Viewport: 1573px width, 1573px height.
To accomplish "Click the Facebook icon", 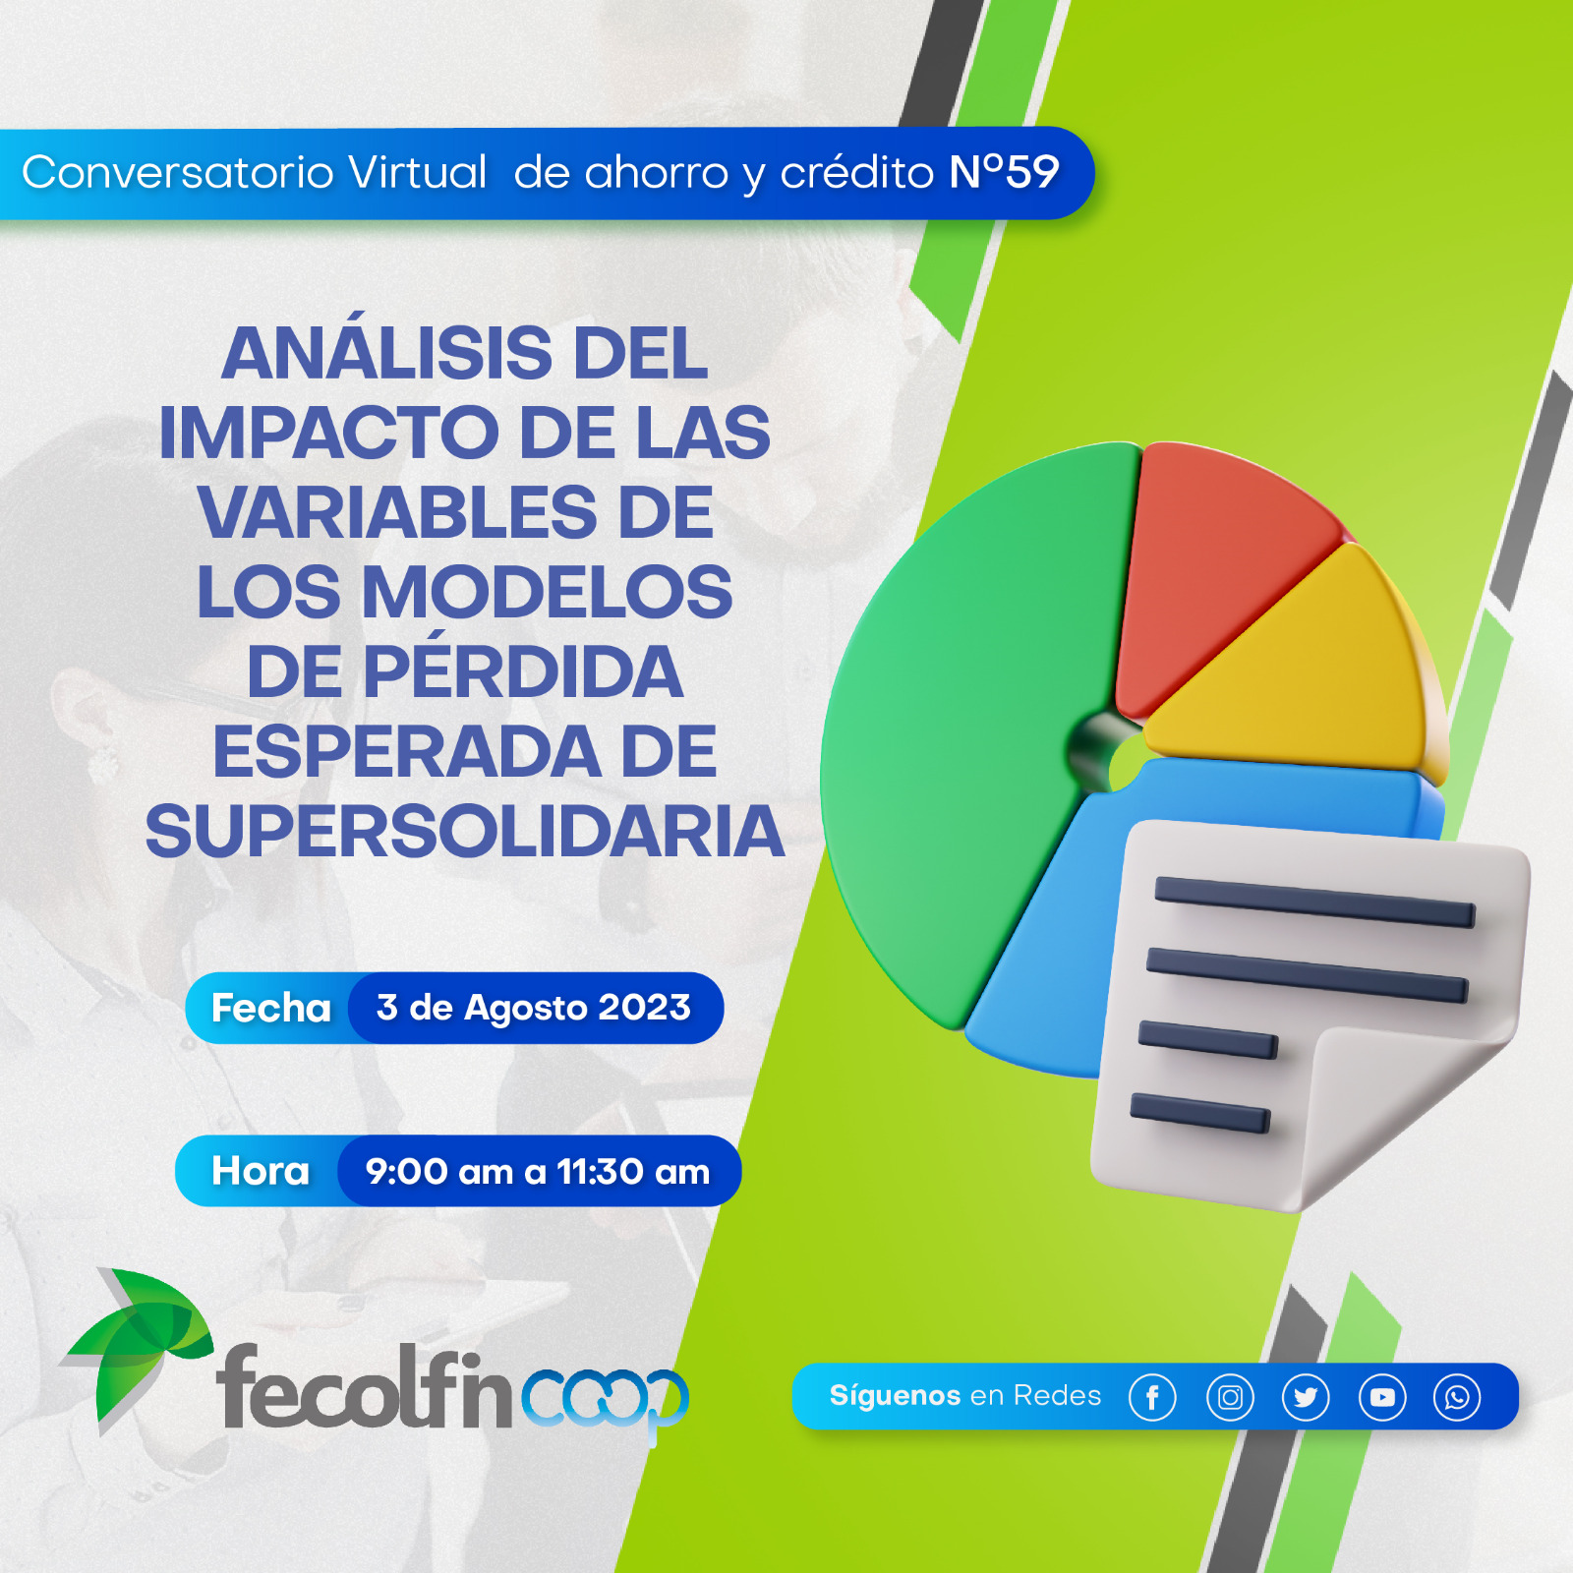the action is point(1152,1397).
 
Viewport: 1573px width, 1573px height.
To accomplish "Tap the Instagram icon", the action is point(1230,1397).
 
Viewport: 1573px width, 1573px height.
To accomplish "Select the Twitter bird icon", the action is point(1306,1397).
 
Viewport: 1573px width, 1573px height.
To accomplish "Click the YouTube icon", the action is point(1382,1397).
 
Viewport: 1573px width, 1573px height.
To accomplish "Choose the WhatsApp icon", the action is point(1457,1397).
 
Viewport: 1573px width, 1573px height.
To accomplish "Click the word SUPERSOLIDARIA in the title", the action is point(465,832).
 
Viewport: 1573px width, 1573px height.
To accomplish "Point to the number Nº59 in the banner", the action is point(1004,172).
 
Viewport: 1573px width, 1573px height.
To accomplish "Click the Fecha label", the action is point(271,1008).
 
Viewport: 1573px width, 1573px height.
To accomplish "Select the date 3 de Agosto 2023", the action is point(534,1008).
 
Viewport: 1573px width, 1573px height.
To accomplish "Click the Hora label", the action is point(261,1171).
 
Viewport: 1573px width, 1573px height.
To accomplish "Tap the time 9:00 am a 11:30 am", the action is point(538,1171).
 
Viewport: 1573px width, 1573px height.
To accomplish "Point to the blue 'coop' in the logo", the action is point(605,1398).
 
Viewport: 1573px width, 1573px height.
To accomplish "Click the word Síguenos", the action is point(895,1396).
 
